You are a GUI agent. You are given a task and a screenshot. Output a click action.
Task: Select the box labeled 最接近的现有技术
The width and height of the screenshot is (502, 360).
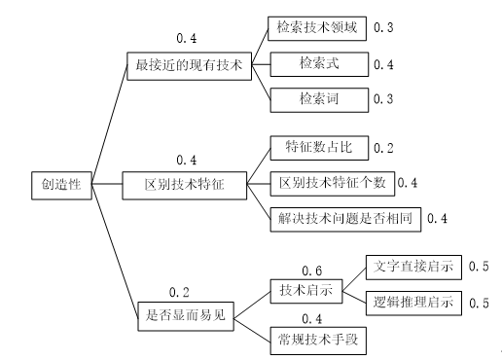[189, 67]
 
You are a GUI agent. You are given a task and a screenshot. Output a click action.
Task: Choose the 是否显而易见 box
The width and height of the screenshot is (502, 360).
[182, 315]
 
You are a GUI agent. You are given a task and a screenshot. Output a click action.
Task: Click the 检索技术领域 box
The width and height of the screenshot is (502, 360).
[318, 28]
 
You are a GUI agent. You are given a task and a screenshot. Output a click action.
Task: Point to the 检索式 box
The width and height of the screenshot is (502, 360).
[318, 63]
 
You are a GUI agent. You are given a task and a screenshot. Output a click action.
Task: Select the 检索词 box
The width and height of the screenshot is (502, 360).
[318, 98]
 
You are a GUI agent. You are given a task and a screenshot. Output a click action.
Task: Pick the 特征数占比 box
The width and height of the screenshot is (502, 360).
[318, 148]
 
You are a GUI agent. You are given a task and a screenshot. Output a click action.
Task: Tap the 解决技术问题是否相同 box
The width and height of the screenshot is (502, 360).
[345, 218]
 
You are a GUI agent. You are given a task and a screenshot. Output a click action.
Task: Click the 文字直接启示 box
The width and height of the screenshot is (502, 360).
[410, 266]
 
